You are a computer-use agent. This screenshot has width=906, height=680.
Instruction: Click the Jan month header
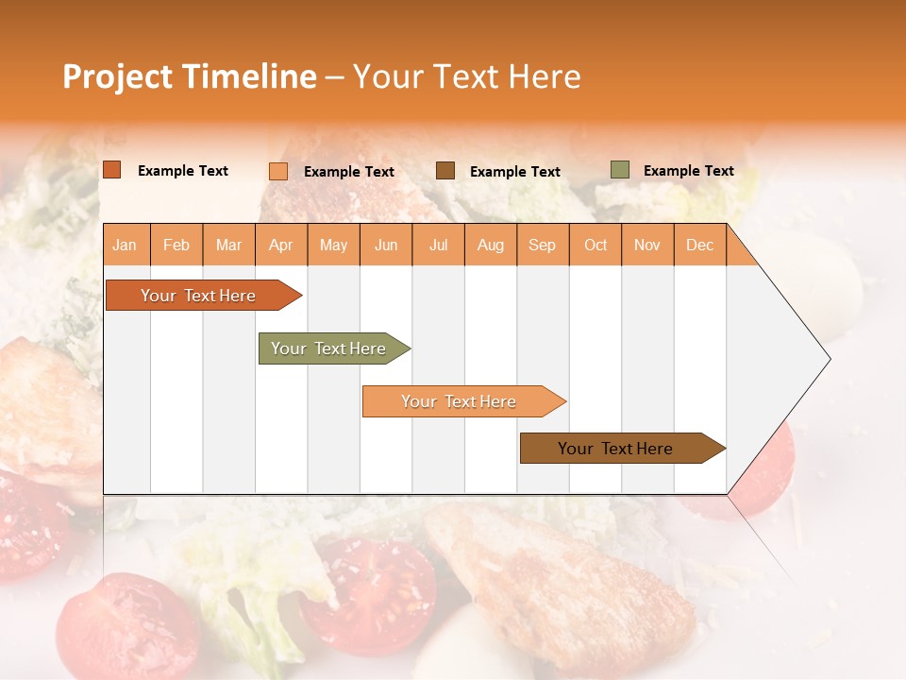(125, 246)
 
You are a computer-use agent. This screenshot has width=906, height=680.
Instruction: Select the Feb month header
(176, 246)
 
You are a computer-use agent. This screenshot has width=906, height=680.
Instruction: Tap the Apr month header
(280, 246)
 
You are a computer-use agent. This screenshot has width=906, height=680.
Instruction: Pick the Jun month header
(386, 246)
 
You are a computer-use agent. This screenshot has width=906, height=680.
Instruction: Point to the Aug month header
(491, 246)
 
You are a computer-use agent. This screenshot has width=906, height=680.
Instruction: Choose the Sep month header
(542, 246)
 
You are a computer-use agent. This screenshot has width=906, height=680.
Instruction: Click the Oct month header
(596, 246)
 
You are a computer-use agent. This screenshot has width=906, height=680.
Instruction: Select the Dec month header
(699, 246)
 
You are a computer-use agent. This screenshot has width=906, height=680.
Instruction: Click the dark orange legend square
(112, 170)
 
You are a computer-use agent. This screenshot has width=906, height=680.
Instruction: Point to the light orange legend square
(278, 171)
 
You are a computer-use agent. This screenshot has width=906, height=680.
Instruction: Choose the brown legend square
(445, 171)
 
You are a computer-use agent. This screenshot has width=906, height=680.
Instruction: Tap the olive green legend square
(620, 170)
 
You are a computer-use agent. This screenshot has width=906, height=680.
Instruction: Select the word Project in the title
(117, 76)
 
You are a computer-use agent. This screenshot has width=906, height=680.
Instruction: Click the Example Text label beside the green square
(688, 171)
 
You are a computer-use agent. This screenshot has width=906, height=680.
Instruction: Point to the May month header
(333, 246)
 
